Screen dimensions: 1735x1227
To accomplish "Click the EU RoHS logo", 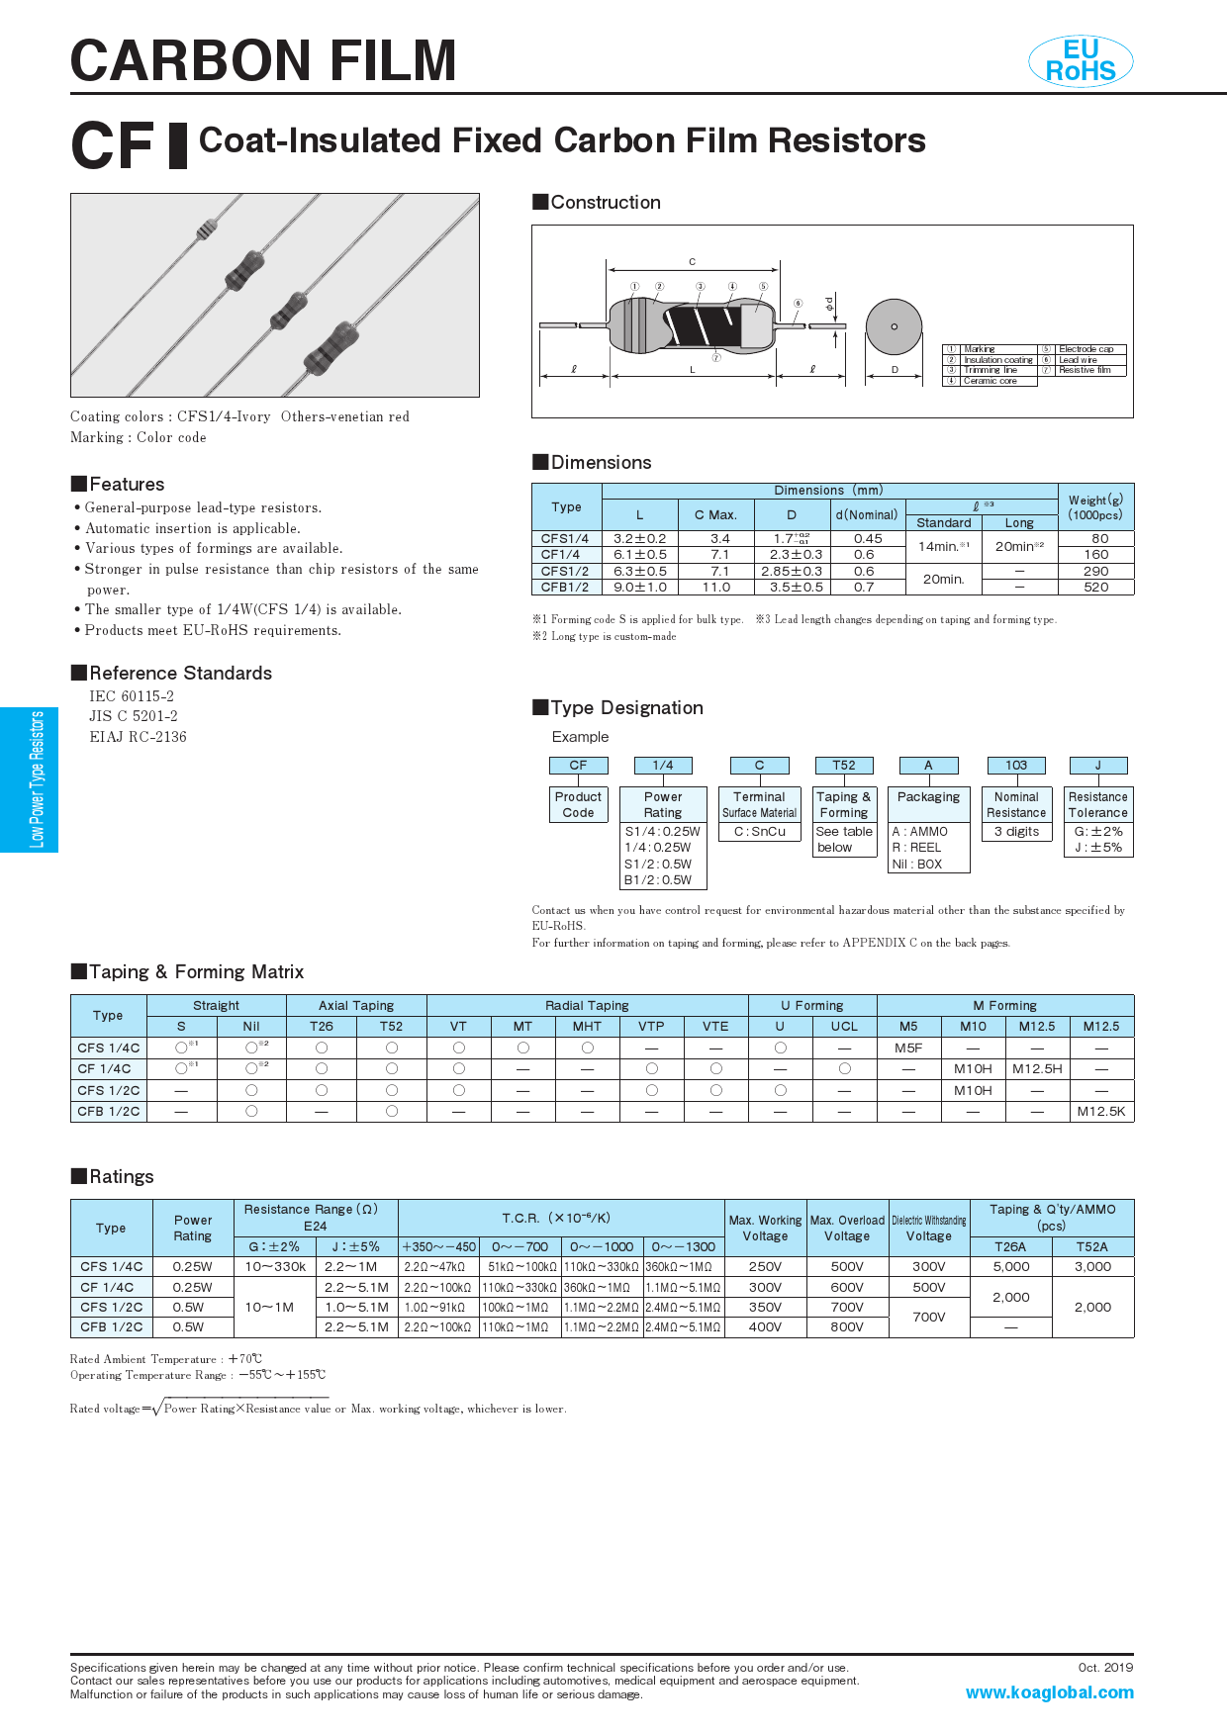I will [1081, 61].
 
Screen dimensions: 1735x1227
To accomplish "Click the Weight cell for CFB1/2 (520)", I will [1096, 588].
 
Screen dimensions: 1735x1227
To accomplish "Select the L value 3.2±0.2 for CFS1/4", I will [640, 539].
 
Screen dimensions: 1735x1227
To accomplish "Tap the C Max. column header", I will [715, 515].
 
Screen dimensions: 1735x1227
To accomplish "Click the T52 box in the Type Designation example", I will [844, 766].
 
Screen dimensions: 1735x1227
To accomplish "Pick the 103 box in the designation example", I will [1016, 766].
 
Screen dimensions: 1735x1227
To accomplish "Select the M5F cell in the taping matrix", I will [908, 1049].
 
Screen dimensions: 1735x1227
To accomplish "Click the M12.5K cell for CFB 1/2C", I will [1101, 1112].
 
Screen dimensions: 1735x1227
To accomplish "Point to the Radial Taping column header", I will [587, 1006].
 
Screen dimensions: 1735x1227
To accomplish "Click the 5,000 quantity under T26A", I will [1010, 1267].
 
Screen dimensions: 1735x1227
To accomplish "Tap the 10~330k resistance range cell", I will [275, 1267].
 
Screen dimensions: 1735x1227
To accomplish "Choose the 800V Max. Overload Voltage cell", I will [847, 1327].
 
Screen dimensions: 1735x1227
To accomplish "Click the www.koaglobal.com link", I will [1049, 1692].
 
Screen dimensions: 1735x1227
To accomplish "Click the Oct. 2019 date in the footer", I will [1105, 1668].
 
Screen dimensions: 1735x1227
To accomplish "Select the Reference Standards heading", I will [180, 674].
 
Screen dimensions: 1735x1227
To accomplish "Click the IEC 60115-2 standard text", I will [132, 696].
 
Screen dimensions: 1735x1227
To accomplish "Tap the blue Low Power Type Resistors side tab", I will [30, 779].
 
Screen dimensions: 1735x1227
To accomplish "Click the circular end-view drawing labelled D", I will [894, 326].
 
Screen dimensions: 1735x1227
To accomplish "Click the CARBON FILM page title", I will [263, 61].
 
